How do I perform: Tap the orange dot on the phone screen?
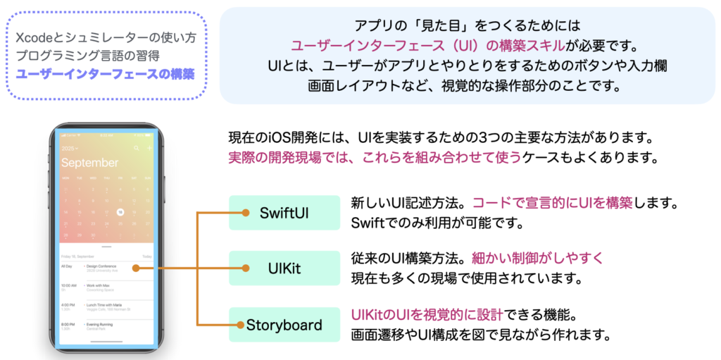(x=134, y=268)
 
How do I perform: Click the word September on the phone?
(x=89, y=163)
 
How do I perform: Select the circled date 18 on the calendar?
(x=120, y=211)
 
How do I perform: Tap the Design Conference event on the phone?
(x=103, y=266)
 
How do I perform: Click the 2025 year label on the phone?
(x=69, y=149)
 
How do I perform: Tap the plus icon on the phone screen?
(x=149, y=149)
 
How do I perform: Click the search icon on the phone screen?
(x=137, y=149)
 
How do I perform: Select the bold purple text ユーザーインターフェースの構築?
(x=106, y=73)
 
